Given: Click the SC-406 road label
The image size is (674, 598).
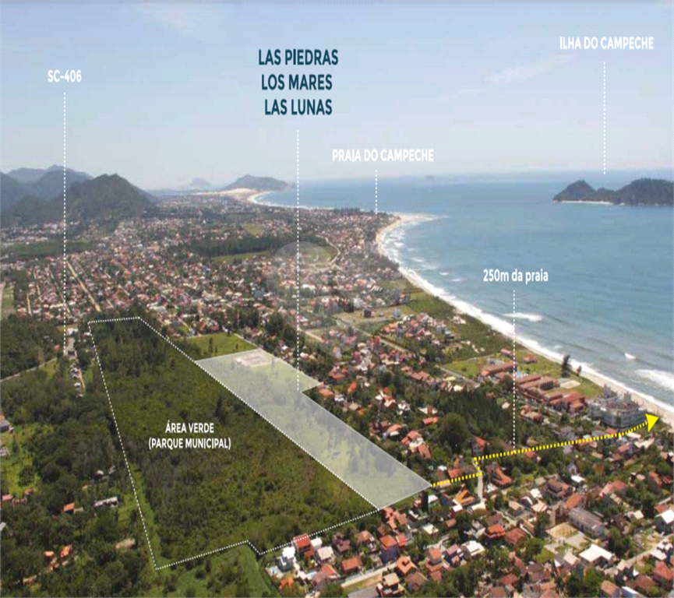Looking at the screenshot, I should point(64,76).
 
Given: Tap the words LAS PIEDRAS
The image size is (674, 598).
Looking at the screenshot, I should point(298,58).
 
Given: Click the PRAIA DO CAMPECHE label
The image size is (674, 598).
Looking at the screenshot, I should point(382,157).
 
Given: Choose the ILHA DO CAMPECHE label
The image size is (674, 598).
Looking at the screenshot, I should point(605,44).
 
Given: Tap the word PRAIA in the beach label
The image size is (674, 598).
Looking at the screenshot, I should point(348,157).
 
